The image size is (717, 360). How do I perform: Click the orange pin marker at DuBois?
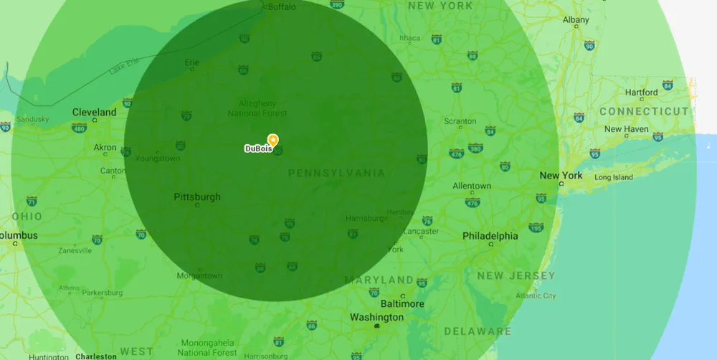(272, 139)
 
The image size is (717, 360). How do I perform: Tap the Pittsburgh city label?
(197, 196)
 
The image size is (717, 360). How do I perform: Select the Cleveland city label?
(94, 112)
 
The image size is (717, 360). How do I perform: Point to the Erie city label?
(192, 62)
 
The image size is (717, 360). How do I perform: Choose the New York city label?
(561, 175)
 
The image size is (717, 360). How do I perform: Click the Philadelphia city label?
(490, 235)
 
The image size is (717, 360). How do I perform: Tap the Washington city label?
(376, 317)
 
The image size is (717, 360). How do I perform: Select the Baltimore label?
(402, 303)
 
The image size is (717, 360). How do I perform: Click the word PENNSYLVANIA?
(336, 173)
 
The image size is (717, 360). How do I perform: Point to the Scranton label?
(460, 121)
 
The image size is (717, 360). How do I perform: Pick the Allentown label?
(472, 186)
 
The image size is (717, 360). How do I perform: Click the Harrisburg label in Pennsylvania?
(366, 217)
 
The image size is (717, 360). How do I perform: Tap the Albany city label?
(576, 20)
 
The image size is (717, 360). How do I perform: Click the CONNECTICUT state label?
(643, 111)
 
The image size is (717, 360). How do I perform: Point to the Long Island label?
(614, 177)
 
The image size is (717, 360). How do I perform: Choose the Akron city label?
(105, 148)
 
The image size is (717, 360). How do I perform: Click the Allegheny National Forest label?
(257, 108)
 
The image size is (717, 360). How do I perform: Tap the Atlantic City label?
(536, 295)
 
